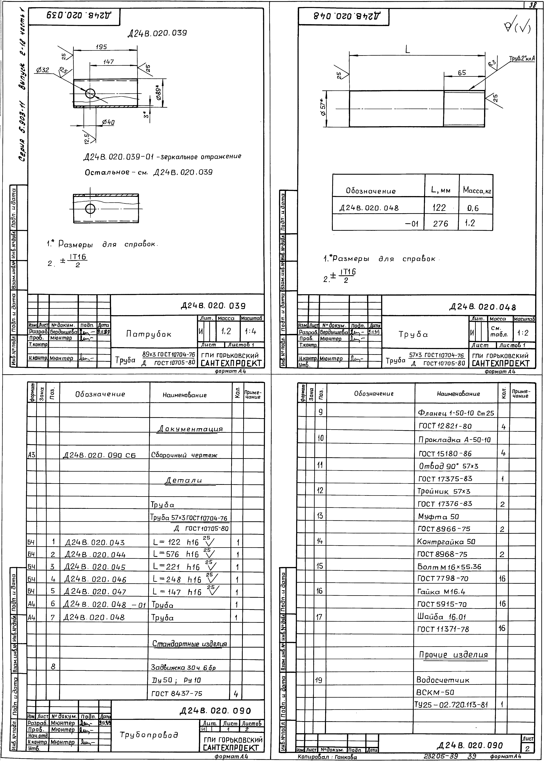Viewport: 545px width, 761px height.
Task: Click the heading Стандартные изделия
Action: pos(190,644)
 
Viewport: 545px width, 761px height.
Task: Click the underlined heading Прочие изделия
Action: pos(453,655)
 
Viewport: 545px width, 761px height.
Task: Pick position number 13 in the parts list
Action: pos(320,516)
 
